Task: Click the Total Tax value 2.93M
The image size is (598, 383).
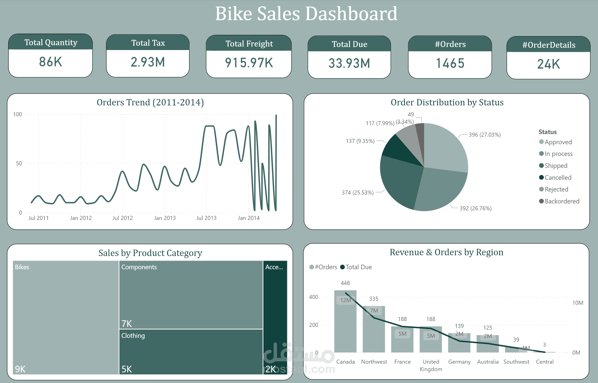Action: point(148,62)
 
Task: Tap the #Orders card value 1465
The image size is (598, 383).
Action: point(450,63)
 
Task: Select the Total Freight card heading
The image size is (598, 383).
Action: point(249,44)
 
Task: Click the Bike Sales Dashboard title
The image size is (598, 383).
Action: point(306,14)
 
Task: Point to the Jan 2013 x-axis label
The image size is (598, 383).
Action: point(165,218)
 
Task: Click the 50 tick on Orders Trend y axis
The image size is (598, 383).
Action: point(19,163)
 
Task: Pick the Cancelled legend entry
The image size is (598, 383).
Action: point(558,178)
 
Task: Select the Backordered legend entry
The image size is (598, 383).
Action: point(561,201)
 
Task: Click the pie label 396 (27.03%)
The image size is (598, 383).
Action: point(485,135)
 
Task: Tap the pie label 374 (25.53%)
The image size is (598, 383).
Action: point(357,193)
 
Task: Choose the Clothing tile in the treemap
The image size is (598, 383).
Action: point(191,352)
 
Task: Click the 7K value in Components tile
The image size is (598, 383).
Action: point(127,324)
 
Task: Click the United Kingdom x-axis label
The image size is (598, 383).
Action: point(431,365)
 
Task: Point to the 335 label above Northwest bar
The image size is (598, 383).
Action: point(373,299)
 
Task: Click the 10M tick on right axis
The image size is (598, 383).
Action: point(577,303)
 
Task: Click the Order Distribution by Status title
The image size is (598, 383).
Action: point(447,102)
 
